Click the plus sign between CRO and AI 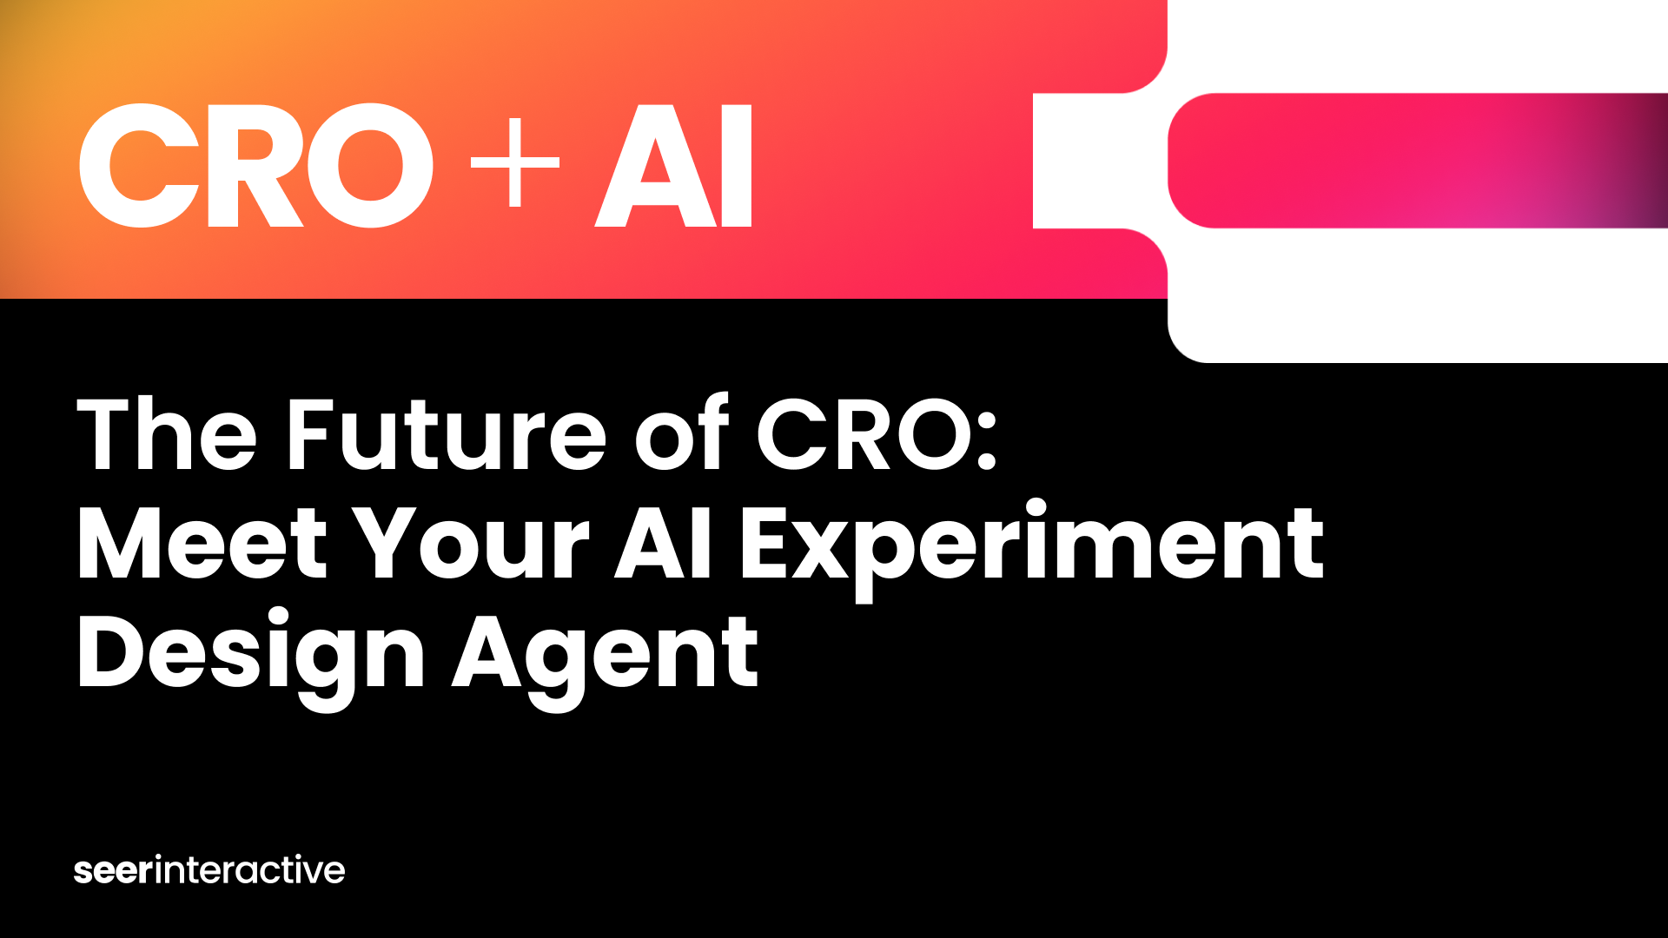coord(514,162)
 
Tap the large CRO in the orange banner coord(256,165)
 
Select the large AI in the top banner coord(673,165)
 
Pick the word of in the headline coord(682,432)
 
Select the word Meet coord(202,543)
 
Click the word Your coord(473,543)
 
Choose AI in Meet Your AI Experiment coord(664,543)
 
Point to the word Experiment coord(1032,549)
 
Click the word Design coord(251,658)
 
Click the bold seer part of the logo coord(114,871)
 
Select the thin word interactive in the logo coord(250,869)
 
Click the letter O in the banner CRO coord(371,165)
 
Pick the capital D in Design coord(113,651)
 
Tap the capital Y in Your coord(389,543)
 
